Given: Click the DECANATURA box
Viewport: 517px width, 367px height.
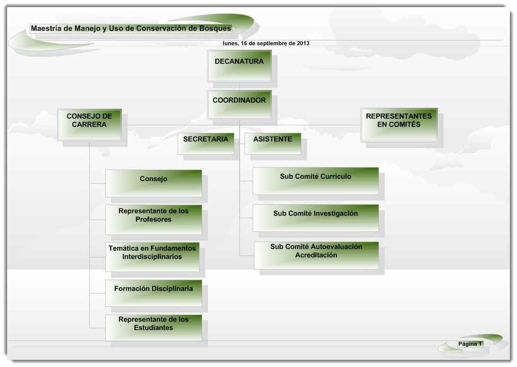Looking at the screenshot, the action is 240,66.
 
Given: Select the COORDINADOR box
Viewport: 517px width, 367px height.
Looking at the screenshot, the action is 240,105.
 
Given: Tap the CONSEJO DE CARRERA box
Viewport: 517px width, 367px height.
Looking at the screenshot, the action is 89,125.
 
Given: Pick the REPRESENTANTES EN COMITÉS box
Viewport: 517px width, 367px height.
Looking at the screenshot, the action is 399,125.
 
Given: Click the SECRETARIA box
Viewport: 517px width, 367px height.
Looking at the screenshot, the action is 206,144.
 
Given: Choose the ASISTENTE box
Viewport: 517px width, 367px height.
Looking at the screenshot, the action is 273,144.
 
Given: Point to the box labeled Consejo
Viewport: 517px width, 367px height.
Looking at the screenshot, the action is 154,183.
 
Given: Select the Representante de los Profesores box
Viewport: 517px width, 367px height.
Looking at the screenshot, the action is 154,220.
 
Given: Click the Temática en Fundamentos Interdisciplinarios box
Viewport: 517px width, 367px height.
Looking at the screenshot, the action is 152,257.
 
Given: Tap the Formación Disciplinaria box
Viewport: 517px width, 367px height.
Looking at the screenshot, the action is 154,293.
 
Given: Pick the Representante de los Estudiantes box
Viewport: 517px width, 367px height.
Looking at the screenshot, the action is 154,328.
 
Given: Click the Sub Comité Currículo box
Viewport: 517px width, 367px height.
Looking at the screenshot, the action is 316,181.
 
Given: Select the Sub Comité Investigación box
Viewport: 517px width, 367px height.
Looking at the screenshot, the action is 316,218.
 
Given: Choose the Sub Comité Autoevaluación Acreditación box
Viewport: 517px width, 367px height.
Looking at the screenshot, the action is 316,255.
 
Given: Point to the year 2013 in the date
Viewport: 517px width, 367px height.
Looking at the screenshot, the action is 303,43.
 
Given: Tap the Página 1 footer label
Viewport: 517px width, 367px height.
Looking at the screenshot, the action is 470,344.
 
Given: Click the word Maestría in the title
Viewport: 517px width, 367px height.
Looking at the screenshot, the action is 46,28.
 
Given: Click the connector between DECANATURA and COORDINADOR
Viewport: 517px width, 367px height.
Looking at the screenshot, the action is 240,86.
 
